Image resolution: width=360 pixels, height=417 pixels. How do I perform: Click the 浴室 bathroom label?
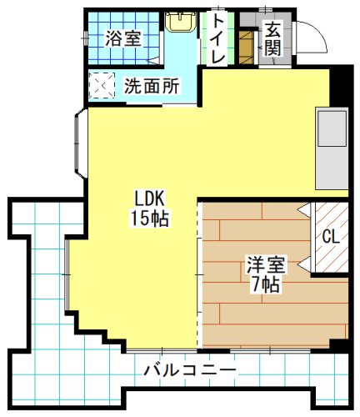pos(122,38)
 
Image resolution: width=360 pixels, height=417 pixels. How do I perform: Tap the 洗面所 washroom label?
pos(152,84)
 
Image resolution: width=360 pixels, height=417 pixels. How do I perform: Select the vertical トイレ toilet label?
pos(217,38)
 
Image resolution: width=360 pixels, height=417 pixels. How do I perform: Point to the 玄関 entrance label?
pos(272,38)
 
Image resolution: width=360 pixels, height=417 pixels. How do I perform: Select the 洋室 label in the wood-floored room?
pos(266,266)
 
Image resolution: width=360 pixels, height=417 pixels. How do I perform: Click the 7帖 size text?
pos(266,284)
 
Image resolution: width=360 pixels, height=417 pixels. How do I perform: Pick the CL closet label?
pos(330,236)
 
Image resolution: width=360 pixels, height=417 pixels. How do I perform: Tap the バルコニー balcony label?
pos(189,369)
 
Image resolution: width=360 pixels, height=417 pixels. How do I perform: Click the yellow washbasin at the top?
pos(178,21)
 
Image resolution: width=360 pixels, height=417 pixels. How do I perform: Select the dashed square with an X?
pos(103,85)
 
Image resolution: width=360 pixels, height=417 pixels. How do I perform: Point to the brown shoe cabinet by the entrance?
pos(246,48)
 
